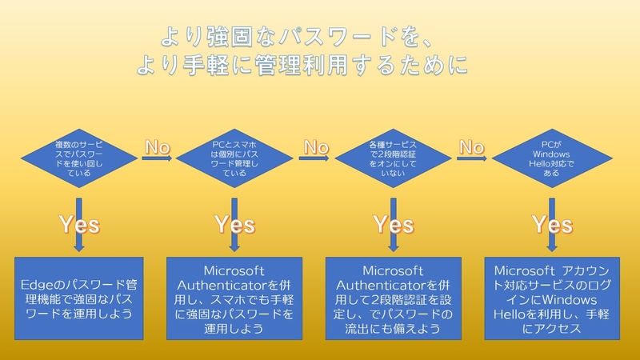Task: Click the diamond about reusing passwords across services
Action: tap(78, 156)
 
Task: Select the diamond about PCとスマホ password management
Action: tap(235, 156)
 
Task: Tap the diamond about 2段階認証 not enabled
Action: tap(394, 156)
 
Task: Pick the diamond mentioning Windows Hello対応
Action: tap(550, 156)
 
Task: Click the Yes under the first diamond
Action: tap(78, 225)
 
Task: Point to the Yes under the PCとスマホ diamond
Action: tap(235, 225)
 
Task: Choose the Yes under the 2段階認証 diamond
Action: tap(394, 225)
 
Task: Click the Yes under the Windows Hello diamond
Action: tap(550, 225)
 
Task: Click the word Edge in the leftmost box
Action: tap(38, 284)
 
